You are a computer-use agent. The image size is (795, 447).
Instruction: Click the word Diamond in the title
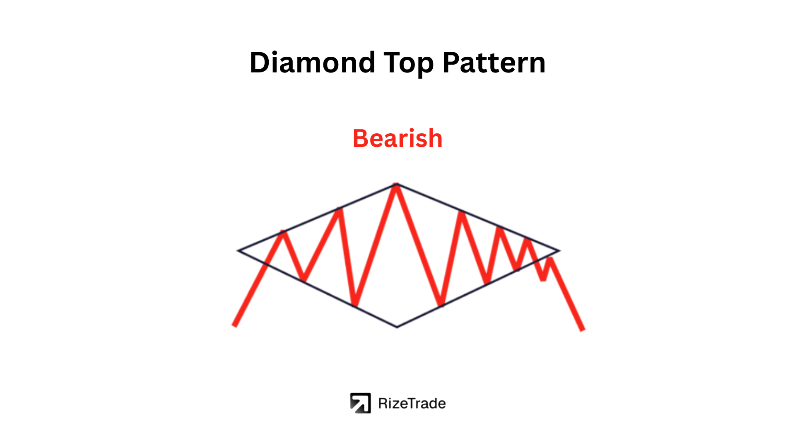point(313,63)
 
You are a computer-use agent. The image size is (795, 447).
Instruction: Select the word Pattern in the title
point(494,63)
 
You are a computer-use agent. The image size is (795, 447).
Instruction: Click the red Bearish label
point(397,138)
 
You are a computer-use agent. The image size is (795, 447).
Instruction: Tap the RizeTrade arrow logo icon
point(360,403)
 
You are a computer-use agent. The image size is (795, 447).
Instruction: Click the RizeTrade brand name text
point(412,404)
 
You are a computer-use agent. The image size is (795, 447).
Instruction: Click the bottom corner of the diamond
point(397,327)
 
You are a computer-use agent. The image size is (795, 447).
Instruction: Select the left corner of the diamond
point(238,250)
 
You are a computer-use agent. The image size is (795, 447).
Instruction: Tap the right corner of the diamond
point(559,250)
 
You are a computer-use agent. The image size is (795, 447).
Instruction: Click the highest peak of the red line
point(396,186)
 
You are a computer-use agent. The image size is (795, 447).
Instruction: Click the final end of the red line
point(583,330)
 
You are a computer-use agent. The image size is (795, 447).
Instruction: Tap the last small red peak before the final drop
point(550,259)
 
